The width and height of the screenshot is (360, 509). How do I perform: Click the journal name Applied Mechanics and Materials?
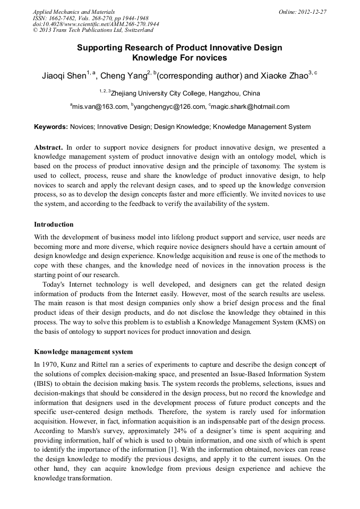pyautogui.click(x=74, y=11)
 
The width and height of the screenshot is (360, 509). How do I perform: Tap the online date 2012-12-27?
pyautogui.click(x=313, y=11)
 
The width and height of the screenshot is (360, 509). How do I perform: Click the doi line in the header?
pyautogui.click(x=96, y=24)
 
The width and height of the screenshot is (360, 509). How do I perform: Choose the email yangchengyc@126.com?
pyautogui.click(x=169, y=107)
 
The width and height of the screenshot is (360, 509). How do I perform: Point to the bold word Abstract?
pyautogui.click(x=48, y=147)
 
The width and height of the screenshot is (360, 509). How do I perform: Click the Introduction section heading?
pyautogui.click(x=54, y=225)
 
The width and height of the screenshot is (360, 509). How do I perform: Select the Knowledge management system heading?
pyautogui.click(x=83, y=352)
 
